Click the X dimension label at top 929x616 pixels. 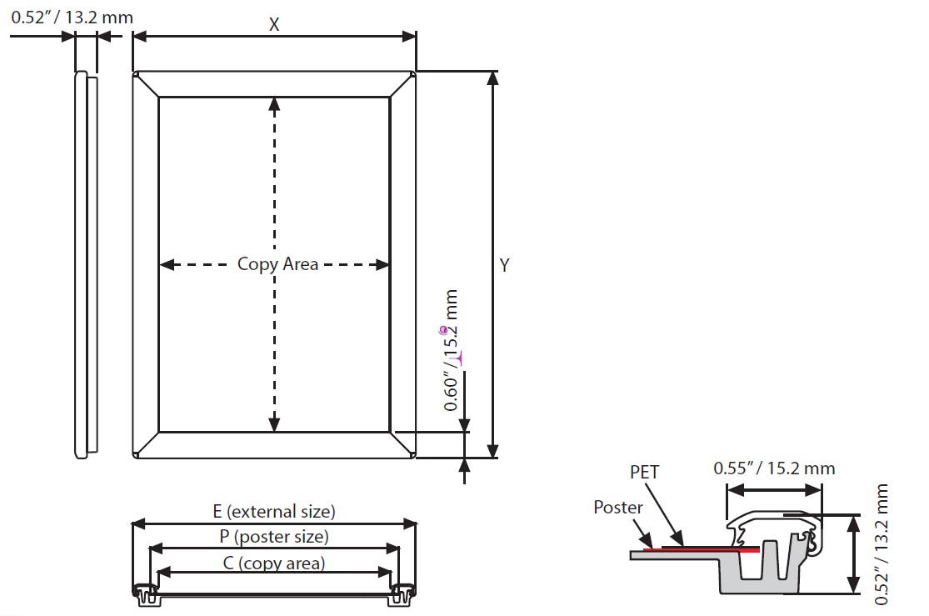[x=273, y=24]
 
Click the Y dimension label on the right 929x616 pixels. [x=505, y=265]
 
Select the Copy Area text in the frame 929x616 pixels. [x=277, y=264]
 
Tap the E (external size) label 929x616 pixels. [x=273, y=511]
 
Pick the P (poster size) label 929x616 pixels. [x=274, y=537]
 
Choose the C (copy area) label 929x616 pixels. [x=273, y=563]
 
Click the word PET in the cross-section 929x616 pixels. [x=644, y=473]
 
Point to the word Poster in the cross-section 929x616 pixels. [x=618, y=507]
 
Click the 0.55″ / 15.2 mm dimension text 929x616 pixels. [x=774, y=468]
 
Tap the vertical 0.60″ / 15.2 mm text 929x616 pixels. [x=452, y=350]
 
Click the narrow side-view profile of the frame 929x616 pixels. [x=84, y=264]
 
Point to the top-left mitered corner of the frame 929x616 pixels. [x=146, y=84]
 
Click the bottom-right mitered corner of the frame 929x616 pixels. [x=402, y=444]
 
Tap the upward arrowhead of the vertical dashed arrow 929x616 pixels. [x=274, y=103]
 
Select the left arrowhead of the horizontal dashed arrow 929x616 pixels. [x=166, y=265]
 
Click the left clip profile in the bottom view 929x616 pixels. [x=146, y=593]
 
